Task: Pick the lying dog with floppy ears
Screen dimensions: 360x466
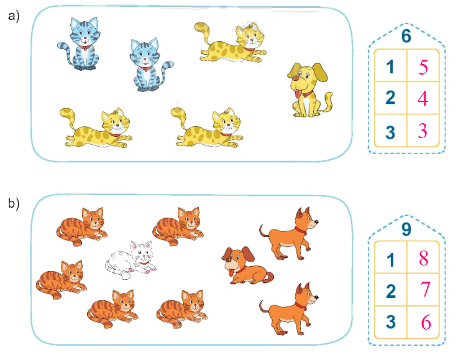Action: [x=244, y=265]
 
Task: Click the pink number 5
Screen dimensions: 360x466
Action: [x=423, y=67]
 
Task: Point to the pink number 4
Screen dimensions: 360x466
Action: [x=423, y=99]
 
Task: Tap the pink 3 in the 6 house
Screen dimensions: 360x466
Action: [x=423, y=132]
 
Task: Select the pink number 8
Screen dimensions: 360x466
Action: [x=423, y=258]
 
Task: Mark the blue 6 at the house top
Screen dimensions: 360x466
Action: [x=406, y=36]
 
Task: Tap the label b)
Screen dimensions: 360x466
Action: [x=14, y=203]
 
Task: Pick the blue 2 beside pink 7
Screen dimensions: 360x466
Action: [x=390, y=290]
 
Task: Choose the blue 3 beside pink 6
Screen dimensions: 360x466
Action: [x=390, y=323]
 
